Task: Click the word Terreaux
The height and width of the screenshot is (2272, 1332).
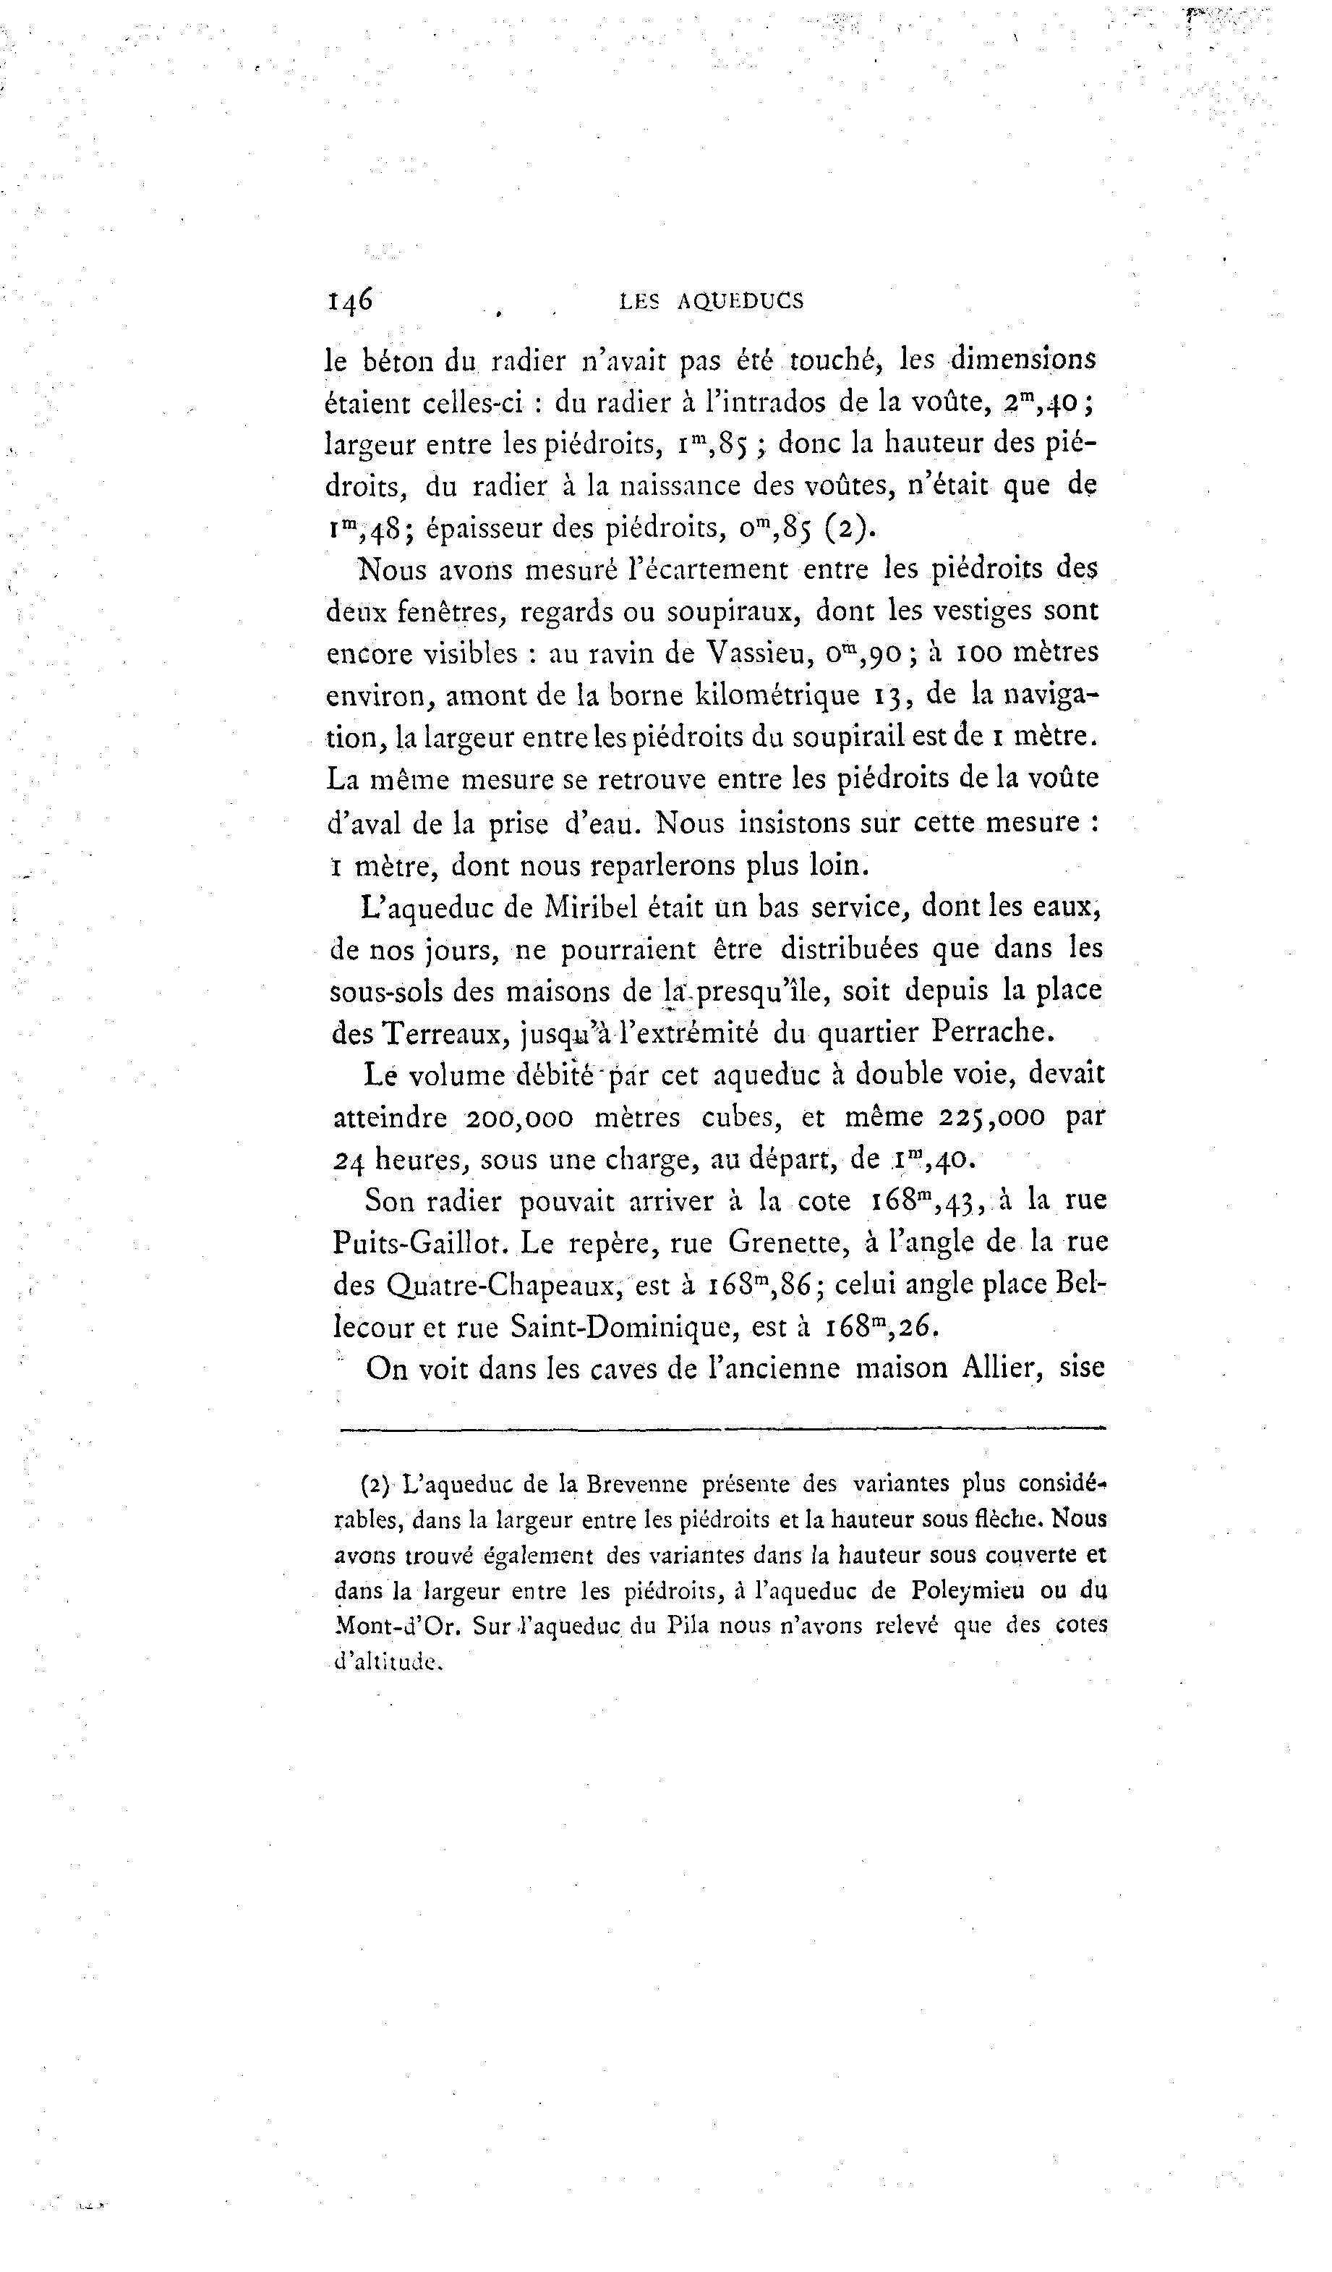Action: coord(445,1033)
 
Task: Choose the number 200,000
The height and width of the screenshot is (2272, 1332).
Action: coord(519,1117)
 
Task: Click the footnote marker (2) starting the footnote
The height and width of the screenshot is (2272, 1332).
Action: coord(375,1485)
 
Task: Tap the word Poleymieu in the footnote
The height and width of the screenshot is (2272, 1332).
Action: coord(968,1590)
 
